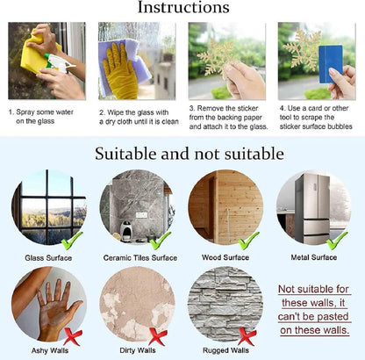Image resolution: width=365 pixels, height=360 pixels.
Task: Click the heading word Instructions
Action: coord(183,7)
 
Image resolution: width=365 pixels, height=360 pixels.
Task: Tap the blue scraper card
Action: coord(331,64)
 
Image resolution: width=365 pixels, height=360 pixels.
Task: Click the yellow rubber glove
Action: coord(119,71)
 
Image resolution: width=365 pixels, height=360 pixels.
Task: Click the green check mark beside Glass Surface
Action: coord(71,241)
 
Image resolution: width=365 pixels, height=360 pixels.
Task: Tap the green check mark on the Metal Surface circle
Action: coord(336,241)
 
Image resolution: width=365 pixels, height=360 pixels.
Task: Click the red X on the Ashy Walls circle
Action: coord(73,337)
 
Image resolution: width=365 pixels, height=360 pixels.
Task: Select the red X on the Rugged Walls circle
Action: coord(247,336)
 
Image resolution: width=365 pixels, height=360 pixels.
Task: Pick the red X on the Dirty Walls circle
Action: coord(158,336)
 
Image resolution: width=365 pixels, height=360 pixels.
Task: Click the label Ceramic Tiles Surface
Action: coord(140,258)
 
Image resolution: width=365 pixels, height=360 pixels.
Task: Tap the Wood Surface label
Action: coord(225,257)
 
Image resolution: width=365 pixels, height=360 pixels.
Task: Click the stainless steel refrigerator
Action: coord(311,208)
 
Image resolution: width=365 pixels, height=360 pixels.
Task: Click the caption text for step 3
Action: coord(228,118)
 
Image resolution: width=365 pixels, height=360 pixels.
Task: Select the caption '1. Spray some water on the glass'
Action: coord(41,117)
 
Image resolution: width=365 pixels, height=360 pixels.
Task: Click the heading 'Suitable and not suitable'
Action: coord(190,154)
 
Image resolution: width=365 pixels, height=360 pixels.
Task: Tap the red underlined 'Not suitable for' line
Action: coord(313,289)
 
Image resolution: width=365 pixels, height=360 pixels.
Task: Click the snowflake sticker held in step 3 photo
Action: coord(217,59)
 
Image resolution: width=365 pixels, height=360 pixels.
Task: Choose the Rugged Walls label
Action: coord(225,350)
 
